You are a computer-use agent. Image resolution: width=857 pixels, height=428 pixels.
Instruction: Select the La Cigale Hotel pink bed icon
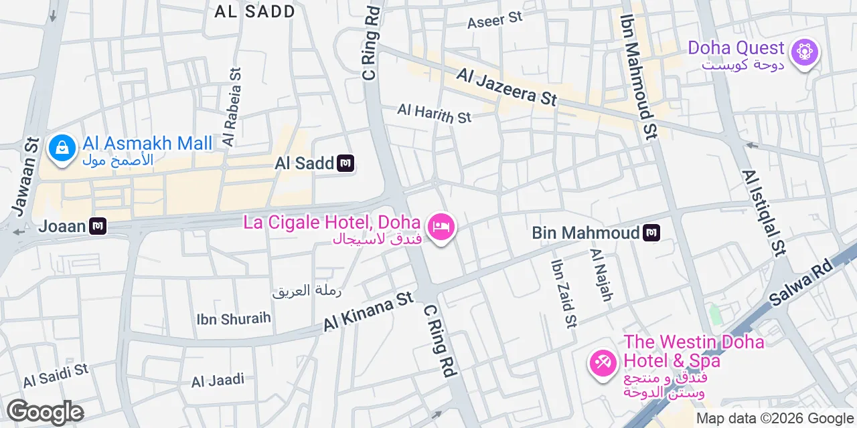point(441,227)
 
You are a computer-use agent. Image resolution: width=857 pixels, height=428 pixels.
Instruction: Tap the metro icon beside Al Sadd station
point(345,163)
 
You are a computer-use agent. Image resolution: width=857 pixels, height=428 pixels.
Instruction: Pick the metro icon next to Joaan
point(98,226)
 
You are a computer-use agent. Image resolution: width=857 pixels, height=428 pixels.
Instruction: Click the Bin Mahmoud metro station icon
point(651,233)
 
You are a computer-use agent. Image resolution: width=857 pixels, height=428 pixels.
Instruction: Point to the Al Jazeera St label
point(507,86)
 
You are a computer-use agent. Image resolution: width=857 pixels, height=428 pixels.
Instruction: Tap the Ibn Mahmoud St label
point(638,76)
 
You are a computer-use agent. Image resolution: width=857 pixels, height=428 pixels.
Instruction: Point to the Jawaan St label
point(23,178)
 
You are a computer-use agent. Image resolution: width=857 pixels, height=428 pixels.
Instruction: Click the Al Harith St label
point(434,113)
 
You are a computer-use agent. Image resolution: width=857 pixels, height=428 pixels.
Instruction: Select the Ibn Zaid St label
point(562,293)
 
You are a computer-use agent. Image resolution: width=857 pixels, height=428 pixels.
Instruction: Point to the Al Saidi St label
point(56,376)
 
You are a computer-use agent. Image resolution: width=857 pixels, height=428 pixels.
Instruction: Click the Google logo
point(45,412)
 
